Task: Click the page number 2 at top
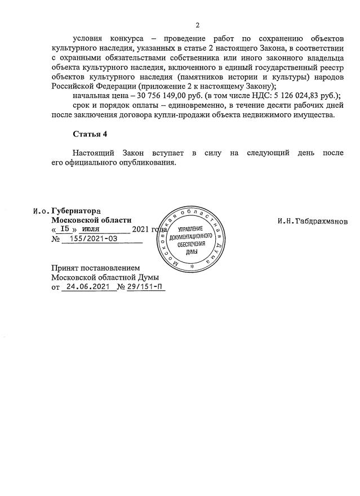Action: pos(198,25)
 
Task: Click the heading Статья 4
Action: pos(90,134)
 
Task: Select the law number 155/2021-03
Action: pos(98,239)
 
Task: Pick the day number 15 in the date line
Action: pos(66,229)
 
